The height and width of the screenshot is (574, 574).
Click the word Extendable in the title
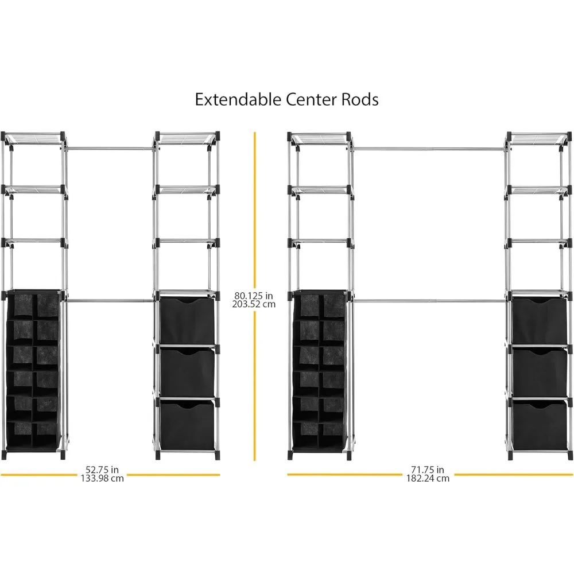coord(238,99)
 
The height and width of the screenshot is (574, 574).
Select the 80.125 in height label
coord(254,295)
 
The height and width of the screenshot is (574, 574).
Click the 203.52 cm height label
coord(254,304)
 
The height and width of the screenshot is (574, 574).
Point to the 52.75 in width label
coord(102,470)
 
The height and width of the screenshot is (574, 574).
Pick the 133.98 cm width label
coord(102,478)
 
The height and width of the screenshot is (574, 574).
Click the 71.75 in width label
coord(428,470)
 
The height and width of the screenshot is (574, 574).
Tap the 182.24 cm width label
coord(428,478)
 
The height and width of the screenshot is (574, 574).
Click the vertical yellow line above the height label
coord(255,210)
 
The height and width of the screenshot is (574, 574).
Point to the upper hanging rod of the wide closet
coord(429,149)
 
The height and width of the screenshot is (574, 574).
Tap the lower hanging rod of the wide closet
coord(429,301)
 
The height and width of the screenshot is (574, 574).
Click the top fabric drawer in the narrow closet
coord(187,320)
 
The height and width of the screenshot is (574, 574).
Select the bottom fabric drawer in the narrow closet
coord(187,425)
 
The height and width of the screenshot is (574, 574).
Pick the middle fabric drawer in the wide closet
coord(539,373)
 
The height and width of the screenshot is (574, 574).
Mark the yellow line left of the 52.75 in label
coord(39,475)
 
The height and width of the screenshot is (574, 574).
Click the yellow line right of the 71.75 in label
coord(514,475)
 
